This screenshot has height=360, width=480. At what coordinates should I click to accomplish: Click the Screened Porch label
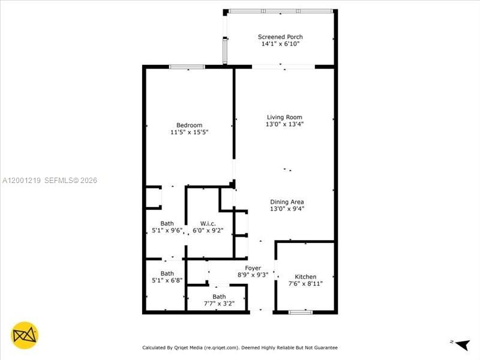280,37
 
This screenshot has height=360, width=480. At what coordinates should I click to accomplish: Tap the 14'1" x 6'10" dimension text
280,44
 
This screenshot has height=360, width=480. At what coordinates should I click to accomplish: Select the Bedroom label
189,125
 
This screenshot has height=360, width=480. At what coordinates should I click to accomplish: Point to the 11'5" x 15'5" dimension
189,132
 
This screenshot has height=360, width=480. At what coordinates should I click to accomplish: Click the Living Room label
284,117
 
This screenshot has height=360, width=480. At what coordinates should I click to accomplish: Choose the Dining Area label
287,202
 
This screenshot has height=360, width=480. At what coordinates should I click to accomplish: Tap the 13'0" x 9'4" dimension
287,209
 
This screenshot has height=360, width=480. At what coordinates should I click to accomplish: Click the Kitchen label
305,277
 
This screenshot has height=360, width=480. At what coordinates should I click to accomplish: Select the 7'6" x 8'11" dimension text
305,284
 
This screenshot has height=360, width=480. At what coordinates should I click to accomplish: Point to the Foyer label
253,268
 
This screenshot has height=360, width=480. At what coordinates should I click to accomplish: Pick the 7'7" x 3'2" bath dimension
219,304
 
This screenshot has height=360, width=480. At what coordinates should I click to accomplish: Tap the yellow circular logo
25,335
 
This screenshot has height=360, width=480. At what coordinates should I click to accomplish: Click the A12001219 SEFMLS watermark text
49,180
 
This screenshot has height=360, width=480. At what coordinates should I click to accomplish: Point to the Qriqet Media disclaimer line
239,347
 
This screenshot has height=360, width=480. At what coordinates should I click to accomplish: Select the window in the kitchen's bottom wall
300,311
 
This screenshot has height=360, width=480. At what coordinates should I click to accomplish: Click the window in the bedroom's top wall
179,67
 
